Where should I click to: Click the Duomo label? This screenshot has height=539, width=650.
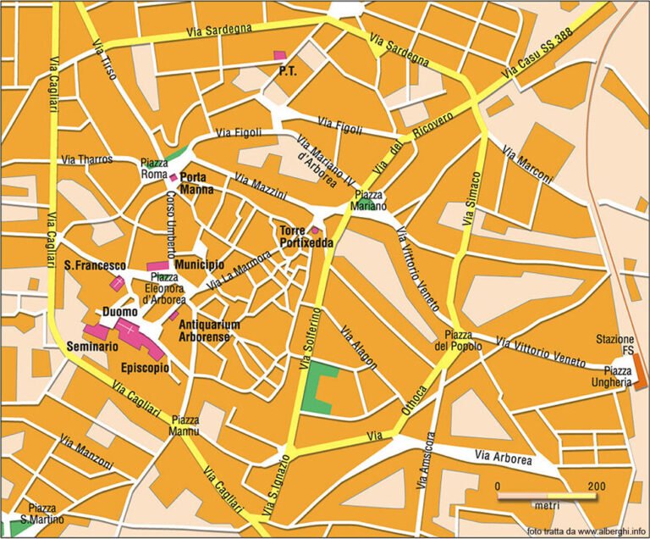coord(119,312)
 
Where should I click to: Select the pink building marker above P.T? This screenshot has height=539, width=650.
coord(279,55)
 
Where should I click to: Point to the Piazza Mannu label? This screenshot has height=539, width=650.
coord(185,425)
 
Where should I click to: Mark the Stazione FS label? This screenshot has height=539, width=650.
coord(614,345)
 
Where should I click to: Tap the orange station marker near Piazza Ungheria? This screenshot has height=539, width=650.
coord(639,372)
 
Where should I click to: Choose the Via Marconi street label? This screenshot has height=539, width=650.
coord(526,165)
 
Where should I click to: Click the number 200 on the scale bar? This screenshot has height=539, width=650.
coord(596,486)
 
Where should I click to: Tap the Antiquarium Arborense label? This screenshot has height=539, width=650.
coord(210,330)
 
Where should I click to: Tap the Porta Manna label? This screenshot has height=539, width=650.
coord(197,183)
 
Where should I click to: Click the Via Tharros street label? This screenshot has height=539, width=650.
coord(87,159)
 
